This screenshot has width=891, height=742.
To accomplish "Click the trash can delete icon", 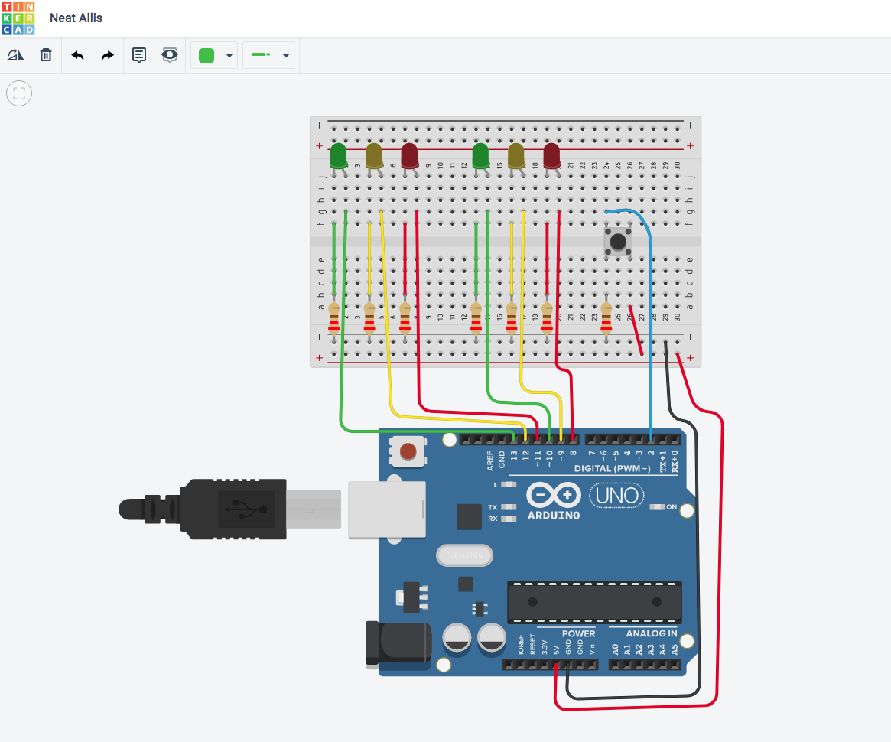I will (x=46, y=55).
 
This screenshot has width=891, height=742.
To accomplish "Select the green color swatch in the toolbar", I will (x=206, y=56).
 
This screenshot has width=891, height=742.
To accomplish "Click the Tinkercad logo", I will (x=18, y=18).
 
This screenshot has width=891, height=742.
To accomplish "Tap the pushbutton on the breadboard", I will (x=618, y=241).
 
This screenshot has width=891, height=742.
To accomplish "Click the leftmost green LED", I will (x=338, y=156).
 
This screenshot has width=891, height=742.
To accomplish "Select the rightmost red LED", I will (x=551, y=155).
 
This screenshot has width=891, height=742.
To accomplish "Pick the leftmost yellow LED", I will (x=374, y=156).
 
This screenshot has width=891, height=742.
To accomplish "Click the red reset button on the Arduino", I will (x=408, y=451).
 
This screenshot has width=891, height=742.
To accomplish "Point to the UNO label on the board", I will (x=618, y=496).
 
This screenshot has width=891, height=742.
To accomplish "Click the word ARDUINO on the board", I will (x=554, y=516).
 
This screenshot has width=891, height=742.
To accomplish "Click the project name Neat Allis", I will (x=76, y=18).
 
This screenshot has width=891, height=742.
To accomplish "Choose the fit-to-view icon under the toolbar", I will (x=19, y=94).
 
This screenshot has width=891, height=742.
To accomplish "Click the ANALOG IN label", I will (x=651, y=633).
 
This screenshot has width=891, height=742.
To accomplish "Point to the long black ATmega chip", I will (x=595, y=601).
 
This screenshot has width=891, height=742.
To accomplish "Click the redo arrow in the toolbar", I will (x=108, y=56).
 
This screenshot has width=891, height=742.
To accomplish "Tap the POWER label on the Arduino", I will (x=578, y=633).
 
